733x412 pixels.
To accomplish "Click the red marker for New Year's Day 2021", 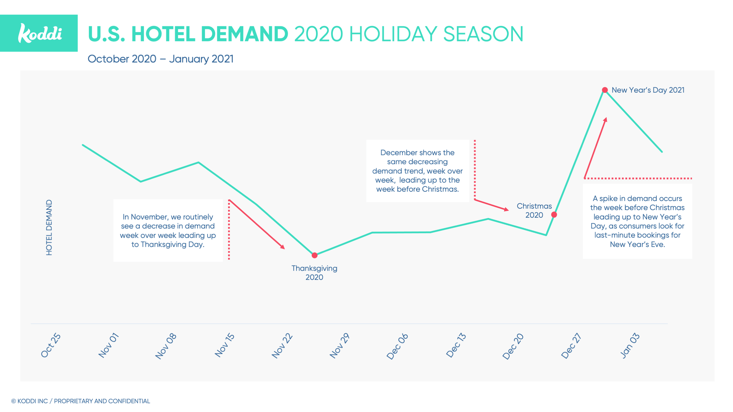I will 605,90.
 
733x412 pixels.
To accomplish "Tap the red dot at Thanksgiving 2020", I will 315,255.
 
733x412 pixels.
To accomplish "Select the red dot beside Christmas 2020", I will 554,215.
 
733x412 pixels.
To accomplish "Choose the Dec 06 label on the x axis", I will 397,346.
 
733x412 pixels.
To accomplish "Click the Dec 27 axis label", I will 571,345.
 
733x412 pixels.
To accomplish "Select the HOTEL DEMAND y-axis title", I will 49,227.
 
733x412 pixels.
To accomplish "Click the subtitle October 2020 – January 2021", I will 160,59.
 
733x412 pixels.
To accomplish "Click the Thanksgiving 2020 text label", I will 314,273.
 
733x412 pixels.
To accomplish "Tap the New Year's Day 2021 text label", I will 648,90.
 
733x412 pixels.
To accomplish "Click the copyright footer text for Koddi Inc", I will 81,401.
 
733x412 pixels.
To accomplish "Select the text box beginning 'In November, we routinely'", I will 168,230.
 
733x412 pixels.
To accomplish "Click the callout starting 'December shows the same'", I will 417,171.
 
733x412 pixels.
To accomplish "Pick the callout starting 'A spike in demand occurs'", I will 637,221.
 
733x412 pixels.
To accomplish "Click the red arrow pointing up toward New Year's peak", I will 595,148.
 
